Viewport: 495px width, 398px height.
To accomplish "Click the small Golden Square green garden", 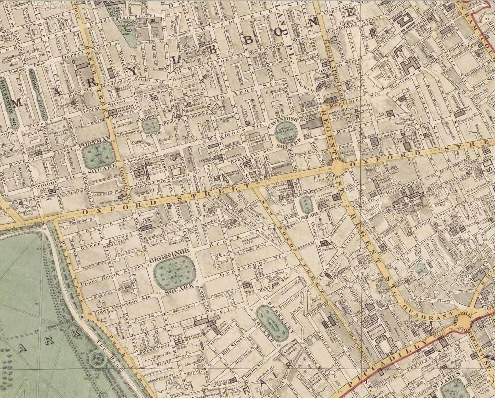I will pos(420,269).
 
